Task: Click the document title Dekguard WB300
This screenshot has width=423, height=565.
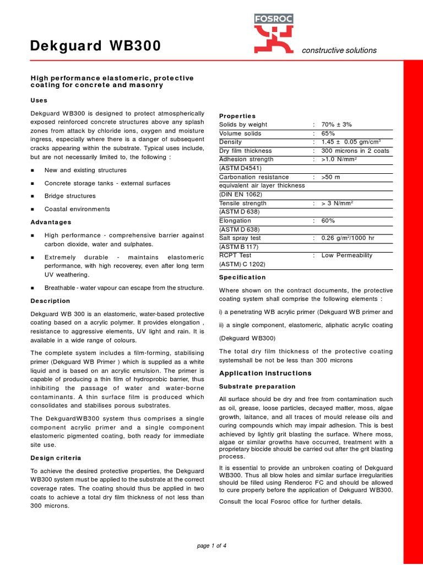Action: pyautogui.click(x=95, y=46)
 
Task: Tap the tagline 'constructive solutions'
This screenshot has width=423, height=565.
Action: pyautogui.click(x=339, y=50)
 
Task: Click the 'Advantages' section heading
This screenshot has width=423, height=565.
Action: pyautogui.click(x=51, y=222)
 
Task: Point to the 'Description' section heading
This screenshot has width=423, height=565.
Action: pyautogui.click(x=50, y=301)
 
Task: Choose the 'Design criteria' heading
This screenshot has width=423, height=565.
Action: pyautogui.click(x=56, y=458)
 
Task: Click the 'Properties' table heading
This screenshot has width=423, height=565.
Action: pyautogui.click(x=237, y=116)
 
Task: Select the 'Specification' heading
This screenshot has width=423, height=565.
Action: pyautogui.click(x=242, y=277)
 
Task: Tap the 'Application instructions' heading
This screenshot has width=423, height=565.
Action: pyautogui.click(x=265, y=373)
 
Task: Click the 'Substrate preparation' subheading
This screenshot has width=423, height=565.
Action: pyautogui.click(x=257, y=386)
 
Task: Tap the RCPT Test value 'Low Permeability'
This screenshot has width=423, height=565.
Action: pyautogui.click(x=347, y=255)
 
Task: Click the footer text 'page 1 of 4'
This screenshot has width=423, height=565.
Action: pyautogui.click(x=211, y=546)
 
